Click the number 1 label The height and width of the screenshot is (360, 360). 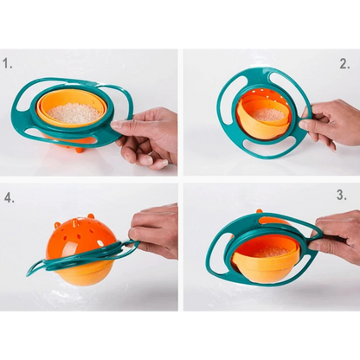coord(9,63)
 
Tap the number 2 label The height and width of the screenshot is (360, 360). coord(344,63)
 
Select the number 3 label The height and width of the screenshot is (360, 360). coord(342,196)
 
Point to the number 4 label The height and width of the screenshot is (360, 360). coord(9,196)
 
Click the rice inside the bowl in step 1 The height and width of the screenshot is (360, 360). coord(73,112)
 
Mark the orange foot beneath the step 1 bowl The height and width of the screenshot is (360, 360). coord(79,150)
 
